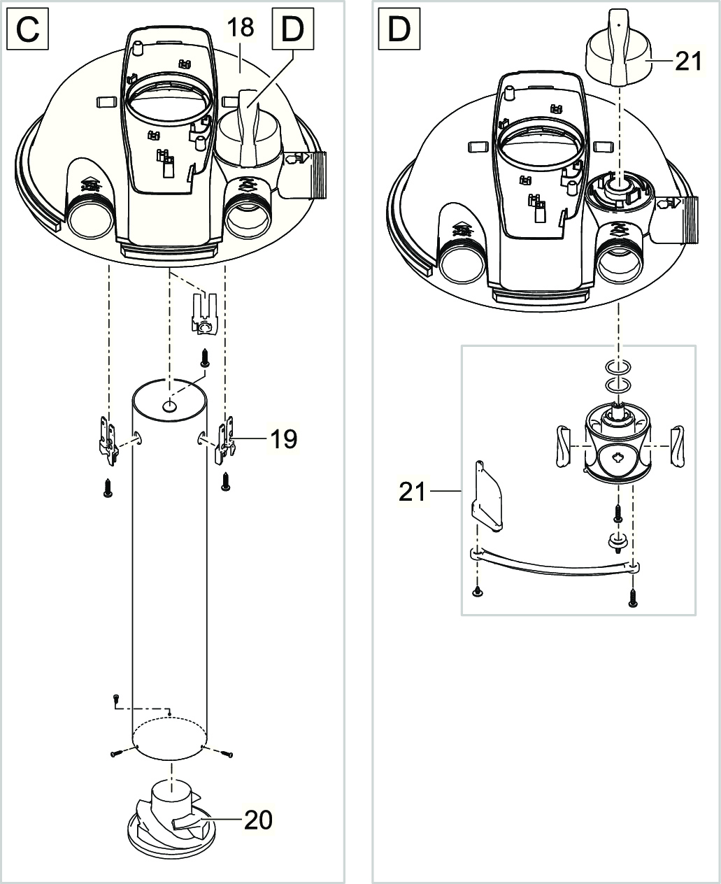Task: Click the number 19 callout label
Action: pyautogui.click(x=284, y=439)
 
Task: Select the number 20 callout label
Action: pyautogui.click(x=258, y=820)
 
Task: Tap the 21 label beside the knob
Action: pyautogui.click(x=688, y=62)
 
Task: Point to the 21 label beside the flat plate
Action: pyautogui.click(x=412, y=492)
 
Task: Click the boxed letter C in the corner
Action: pyautogui.click(x=28, y=30)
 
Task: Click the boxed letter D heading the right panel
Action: pyautogui.click(x=399, y=30)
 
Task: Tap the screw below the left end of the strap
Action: pyautogui.click(x=477, y=592)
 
